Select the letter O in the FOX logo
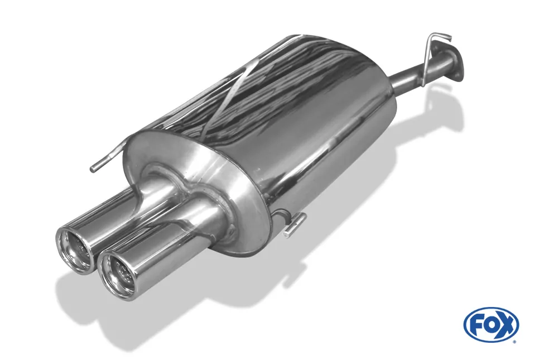pos(491,324)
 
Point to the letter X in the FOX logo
pos(506,324)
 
